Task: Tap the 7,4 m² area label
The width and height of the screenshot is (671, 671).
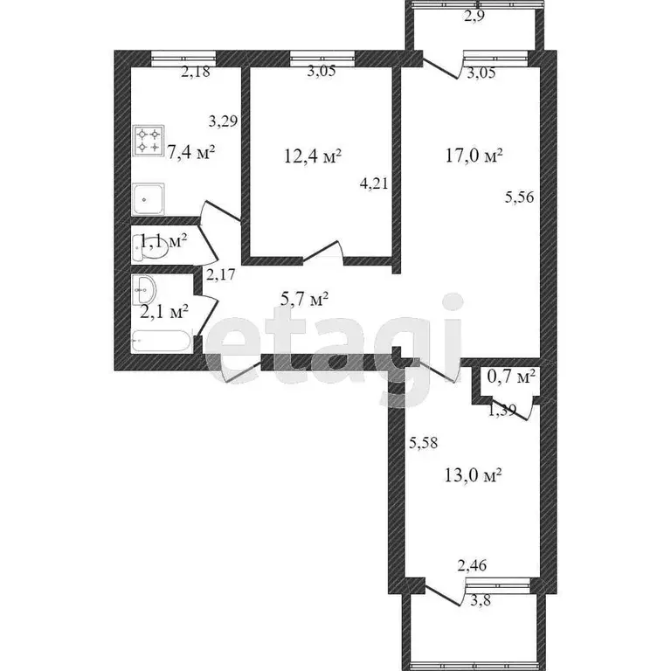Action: [x=191, y=153]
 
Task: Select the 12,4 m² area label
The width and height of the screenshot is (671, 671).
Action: [x=313, y=156]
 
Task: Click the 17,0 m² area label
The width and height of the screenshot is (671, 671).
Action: [x=473, y=156]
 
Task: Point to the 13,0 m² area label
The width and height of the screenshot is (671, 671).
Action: [x=473, y=475]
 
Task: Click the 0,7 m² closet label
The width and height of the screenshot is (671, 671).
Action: [x=511, y=377]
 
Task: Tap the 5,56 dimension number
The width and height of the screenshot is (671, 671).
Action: [x=519, y=198]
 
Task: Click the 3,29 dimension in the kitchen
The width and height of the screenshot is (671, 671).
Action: [x=223, y=121]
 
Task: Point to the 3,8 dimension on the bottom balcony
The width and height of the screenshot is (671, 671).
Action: [x=479, y=599]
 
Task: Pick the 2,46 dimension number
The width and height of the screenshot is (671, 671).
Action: [x=472, y=568]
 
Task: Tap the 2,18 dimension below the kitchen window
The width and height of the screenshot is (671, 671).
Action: [x=195, y=73]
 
